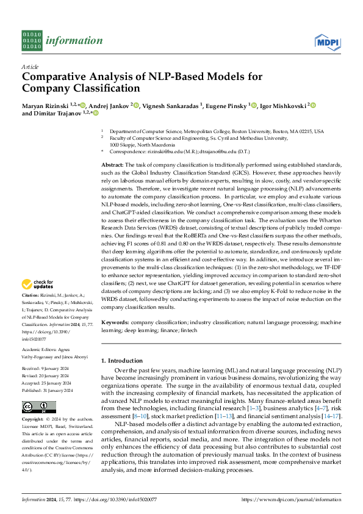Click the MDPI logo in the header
click(327, 41)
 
